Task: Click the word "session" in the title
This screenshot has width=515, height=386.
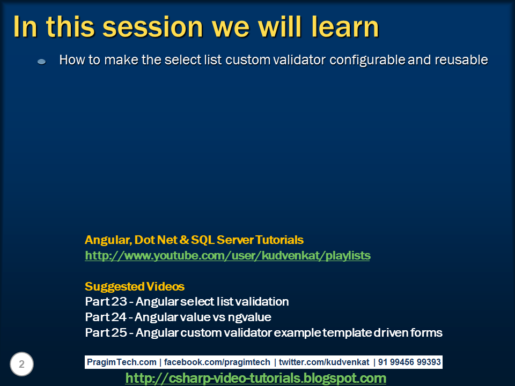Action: [x=153, y=27]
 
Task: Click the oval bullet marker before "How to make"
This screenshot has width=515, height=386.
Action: [x=42, y=61]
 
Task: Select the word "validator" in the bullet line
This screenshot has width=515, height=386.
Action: [x=299, y=60]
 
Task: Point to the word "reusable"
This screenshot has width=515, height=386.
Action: [x=461, y=60]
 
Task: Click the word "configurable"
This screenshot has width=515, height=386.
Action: [x=367, y=60]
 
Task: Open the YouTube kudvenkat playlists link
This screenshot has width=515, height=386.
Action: [x=227, y=255]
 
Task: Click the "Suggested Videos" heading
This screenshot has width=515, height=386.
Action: [x=135, y=286]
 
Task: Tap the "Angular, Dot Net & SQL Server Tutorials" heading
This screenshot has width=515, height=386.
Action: [x=194, y=240]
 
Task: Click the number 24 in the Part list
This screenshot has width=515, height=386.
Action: [x=118, y=317]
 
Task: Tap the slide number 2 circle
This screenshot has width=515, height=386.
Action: [x=21, y=364]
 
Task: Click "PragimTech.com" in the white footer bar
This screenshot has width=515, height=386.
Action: [x=122, y=362]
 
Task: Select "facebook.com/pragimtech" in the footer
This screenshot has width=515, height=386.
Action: [x=217, y=362]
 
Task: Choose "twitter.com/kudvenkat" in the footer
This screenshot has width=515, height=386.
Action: [x=324, y=362]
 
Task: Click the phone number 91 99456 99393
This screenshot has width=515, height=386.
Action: [x=409, y=362]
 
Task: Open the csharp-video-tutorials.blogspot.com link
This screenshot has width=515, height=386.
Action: [x=256, y=378]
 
